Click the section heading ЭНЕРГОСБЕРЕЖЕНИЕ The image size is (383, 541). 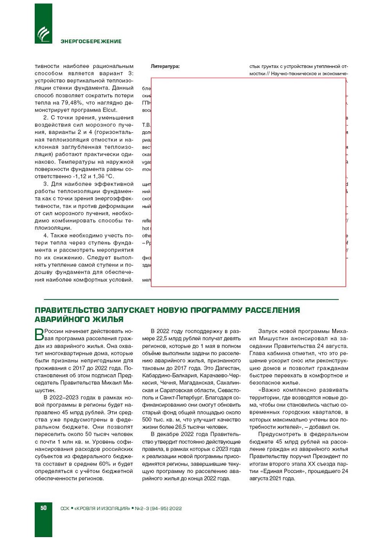[91, 41]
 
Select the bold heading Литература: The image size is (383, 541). [165, 66]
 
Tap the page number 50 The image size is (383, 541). [43, 508]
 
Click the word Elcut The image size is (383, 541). [109, 110]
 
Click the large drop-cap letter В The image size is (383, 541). [39, 335]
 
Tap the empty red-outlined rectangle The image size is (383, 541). [248, 182]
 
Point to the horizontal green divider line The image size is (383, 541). [191, 300]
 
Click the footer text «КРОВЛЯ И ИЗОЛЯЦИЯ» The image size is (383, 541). [102, 508]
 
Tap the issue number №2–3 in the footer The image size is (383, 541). [142, 508]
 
